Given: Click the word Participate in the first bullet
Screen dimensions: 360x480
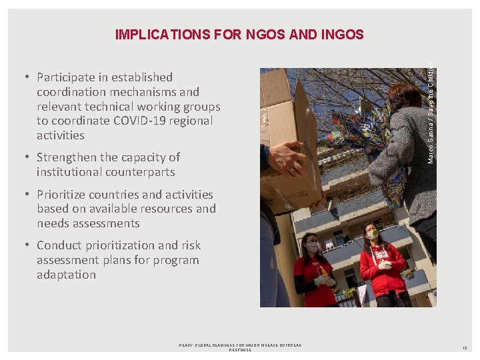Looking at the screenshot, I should (71, 77).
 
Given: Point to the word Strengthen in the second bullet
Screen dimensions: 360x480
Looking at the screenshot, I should (68, 157).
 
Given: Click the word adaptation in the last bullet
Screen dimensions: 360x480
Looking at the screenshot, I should (66, 275).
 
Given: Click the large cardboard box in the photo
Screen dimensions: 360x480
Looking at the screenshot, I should (292, 133).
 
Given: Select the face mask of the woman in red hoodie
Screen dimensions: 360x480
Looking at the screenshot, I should (373, 235).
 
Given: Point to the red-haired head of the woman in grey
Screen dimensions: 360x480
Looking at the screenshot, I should (404, 97).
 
